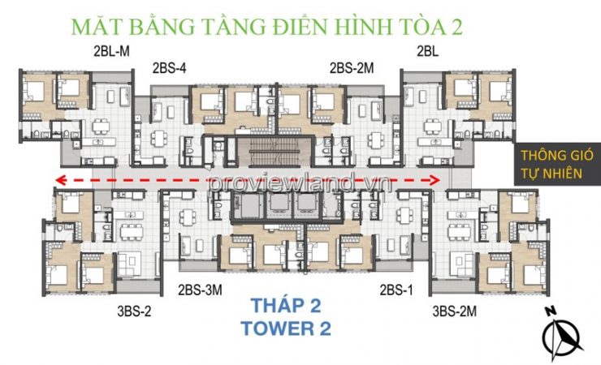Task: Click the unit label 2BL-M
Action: tap(111, 52)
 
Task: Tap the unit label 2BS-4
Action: tap(169, 68)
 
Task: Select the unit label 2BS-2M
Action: tap(352, 68)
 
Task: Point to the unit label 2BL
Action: tap(427, 52)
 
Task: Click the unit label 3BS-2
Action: tap(134, 311)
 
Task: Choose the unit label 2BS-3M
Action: tap(200, 290)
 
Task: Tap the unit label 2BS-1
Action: tap(396, 290)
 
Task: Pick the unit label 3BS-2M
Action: tap(454, 311)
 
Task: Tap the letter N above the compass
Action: tap(551, 311)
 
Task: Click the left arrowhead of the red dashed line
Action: tap(60, 179)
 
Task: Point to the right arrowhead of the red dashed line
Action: tap(435, 180)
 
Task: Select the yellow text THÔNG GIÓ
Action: tap(556, 156)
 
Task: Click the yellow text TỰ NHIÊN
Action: tap(551, 174)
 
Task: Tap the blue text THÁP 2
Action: tap(286, 305)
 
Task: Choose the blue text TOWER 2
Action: tap(286, 328)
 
